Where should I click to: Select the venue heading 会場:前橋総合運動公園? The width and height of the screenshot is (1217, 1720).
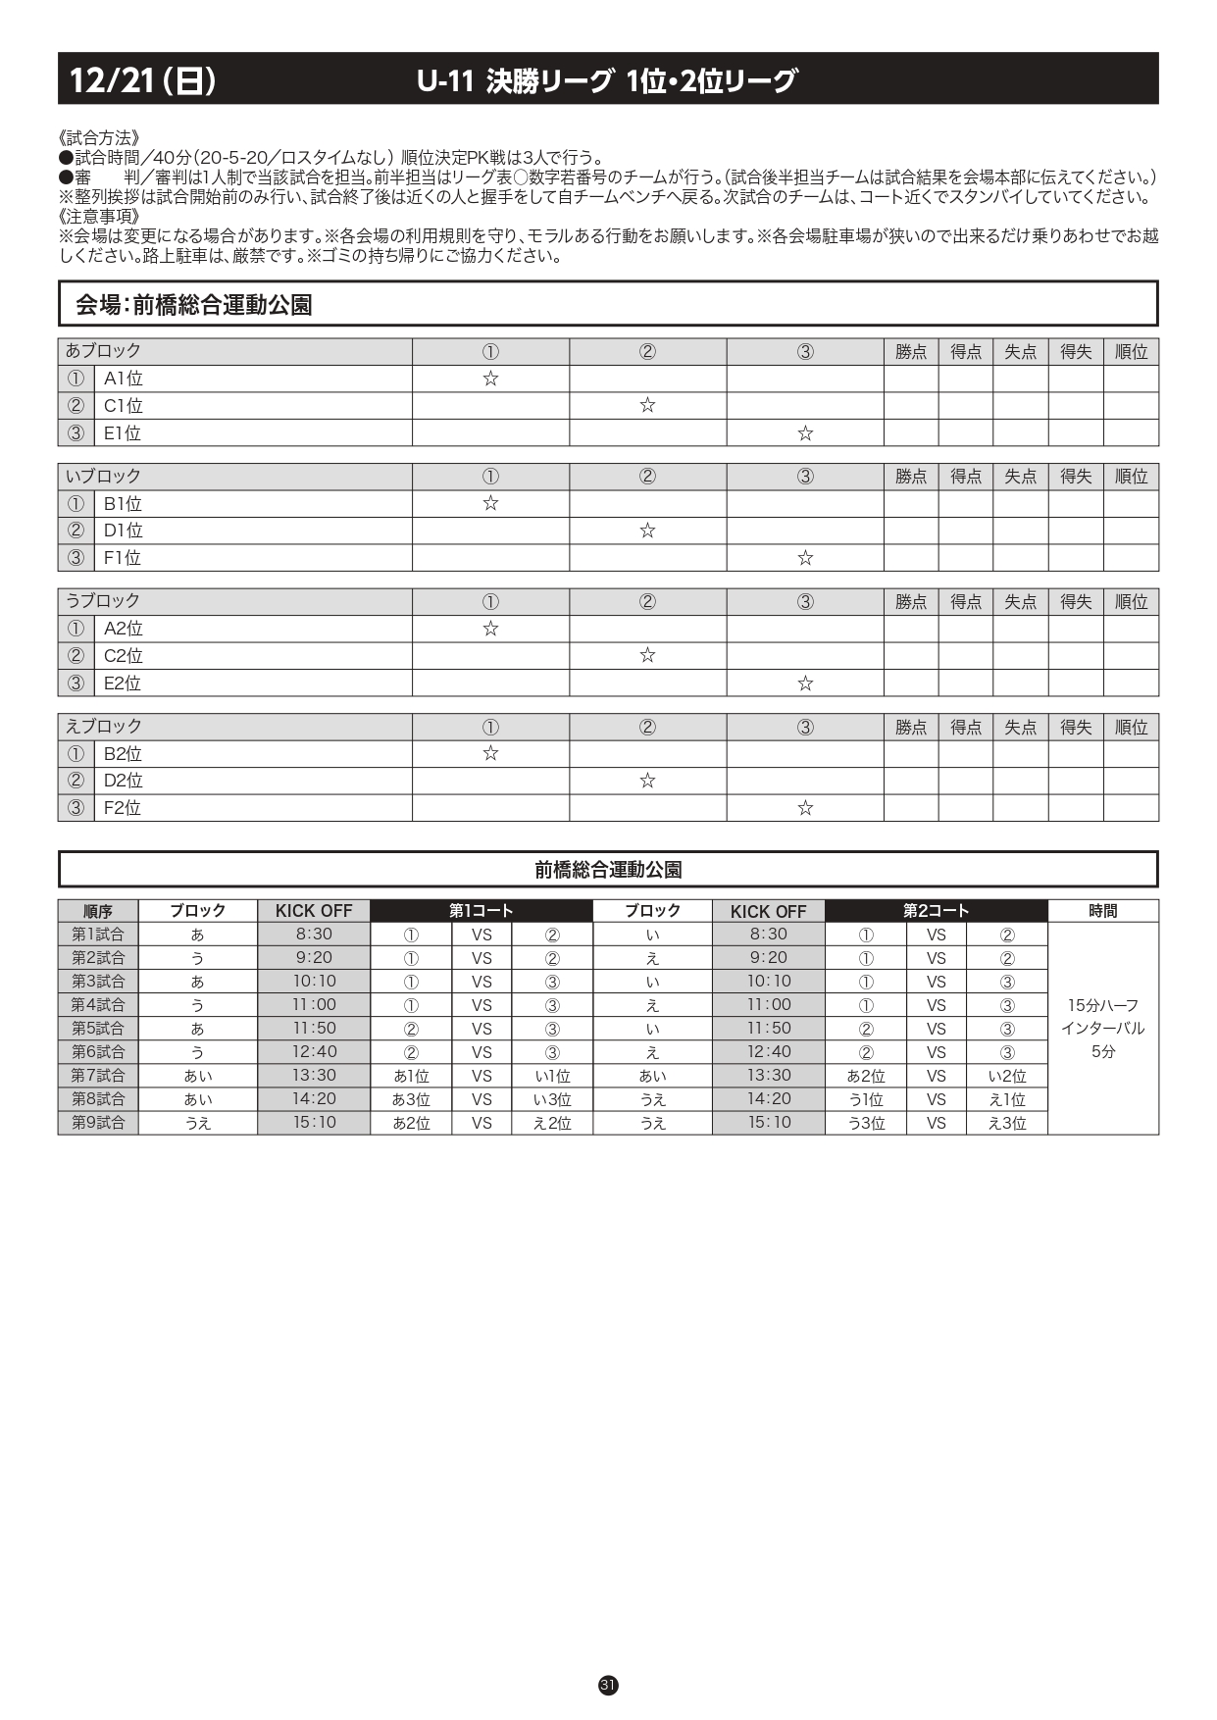click(x=193, y=305)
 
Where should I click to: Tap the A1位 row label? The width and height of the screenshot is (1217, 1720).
click(x=124, y=379)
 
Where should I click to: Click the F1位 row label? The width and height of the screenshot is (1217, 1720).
click(x=123, y=558)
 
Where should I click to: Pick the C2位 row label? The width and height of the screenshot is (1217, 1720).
click(x=124, y=656)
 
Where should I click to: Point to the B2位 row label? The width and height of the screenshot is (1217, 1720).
click(x=124, y=754)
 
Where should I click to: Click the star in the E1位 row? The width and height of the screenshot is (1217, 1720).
click(x=805, y=433)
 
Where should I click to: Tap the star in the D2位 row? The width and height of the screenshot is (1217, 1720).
click(x=647, y=781)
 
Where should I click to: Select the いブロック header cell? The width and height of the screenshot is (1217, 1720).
click(x=104, y=477)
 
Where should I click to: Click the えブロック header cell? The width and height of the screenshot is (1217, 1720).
click(x=104, y=727)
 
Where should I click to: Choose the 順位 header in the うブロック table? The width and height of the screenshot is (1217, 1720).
click(x=1131, y=602)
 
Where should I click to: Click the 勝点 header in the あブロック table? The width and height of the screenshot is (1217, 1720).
click(x=911, y=352)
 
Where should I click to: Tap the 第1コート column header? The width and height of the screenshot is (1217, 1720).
click(x=481, y=911)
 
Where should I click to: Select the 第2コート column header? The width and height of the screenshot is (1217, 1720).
click(x=936, y=911)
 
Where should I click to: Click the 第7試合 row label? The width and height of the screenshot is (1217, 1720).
click(x=98, y=1076)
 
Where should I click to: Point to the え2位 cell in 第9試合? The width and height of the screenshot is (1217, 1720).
click(x=552, y=1123)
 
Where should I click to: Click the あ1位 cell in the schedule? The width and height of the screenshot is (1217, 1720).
click(x=411, y=1076)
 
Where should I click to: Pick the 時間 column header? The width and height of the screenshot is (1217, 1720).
click(x=1102, y=911)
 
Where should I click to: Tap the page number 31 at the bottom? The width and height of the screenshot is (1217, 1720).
click(x=608, y=1685)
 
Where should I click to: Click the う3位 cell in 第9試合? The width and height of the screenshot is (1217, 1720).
click(x=866, y=1123)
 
